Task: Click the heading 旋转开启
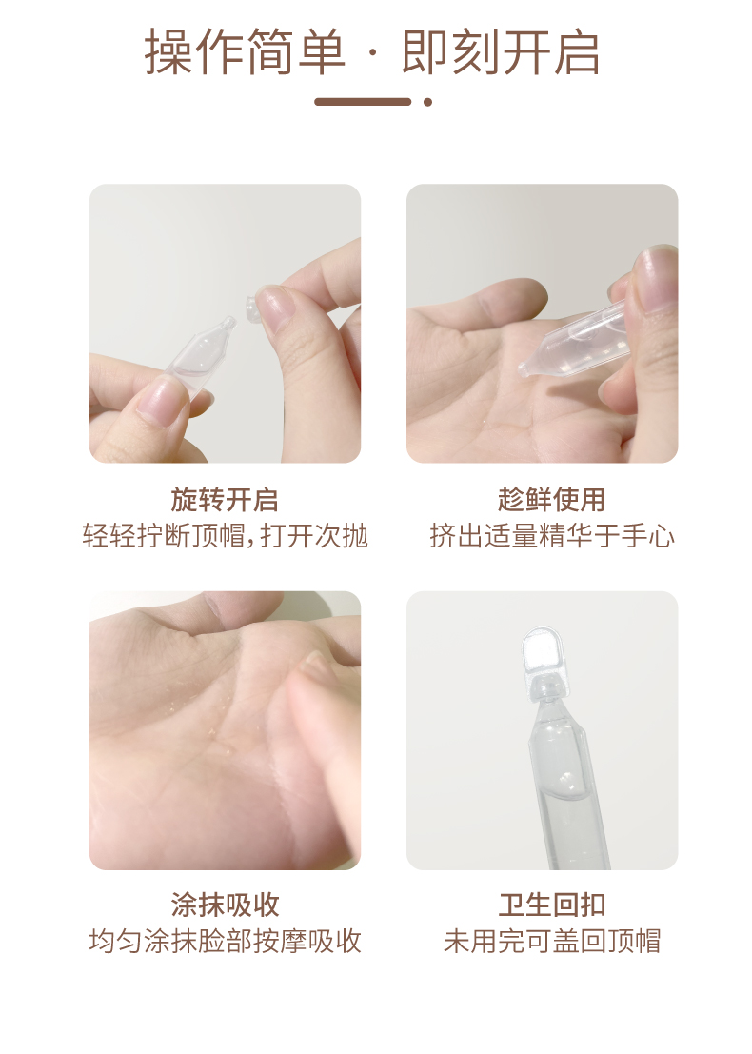coord(225,500)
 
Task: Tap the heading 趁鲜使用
coord(552,500)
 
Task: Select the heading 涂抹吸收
coord(225,905)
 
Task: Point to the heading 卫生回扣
coord(552,905)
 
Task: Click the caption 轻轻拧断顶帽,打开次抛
coord(226,536)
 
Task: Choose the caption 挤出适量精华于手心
coord(552,536)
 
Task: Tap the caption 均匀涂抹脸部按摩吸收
coord(226,941)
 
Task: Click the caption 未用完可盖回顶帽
coord(552,941)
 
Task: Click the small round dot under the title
coord(427,102)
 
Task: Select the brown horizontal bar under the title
coord(363,102)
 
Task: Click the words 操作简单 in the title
coord(246,52)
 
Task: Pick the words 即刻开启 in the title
coord(500,52)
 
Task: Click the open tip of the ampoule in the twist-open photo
coord(229,323)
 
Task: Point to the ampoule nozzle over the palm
coord(524,368)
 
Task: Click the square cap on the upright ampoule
coord(543,650)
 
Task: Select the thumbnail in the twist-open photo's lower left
coord(161,399)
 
